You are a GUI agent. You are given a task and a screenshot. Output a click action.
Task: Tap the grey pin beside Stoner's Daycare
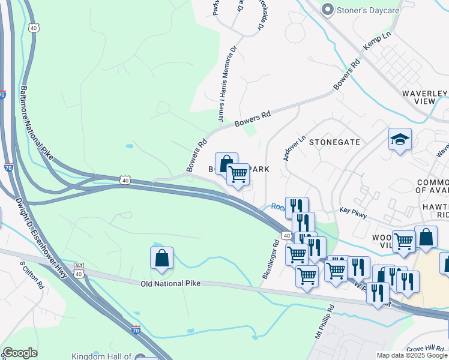(327, 10)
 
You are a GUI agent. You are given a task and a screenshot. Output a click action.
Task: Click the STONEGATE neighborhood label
(334, 142)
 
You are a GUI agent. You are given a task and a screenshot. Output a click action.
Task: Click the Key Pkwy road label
(352, 211)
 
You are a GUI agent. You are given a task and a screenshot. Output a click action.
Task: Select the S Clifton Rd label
(32, 275)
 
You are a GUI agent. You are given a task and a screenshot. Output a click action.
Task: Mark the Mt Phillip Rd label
(325, 322)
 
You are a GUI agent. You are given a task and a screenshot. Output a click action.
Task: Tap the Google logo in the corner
(20, 353)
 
